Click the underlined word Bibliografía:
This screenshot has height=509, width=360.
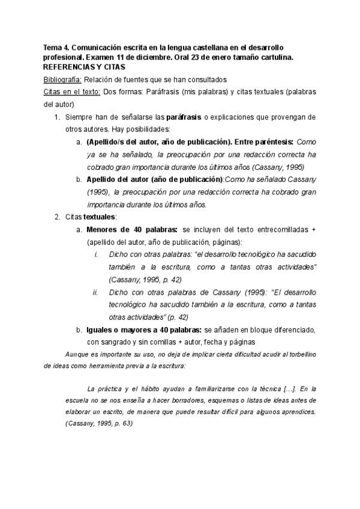coord(63,79)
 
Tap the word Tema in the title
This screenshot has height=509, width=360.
coord(53,46)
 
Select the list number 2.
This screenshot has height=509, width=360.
coord(57,217)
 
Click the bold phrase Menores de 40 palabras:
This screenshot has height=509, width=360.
coord(132,229)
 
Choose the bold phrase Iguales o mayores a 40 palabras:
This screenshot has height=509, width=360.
coord(144,330)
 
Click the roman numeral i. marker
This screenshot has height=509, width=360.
coord(97,254)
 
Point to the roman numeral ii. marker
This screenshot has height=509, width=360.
coord(95,292)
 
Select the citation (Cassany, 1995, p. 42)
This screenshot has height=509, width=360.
coord(145,280)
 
